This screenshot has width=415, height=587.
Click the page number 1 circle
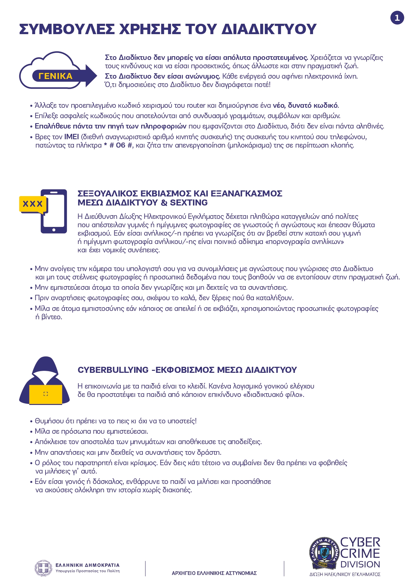397,18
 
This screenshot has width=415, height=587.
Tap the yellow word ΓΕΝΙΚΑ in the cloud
56,76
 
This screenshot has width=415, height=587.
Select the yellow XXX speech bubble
33,204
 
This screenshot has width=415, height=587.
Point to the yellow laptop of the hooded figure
46,394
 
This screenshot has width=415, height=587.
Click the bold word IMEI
72,137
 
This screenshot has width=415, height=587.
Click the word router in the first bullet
196,106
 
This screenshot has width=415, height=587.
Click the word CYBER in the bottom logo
360,542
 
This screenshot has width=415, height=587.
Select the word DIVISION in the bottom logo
360,565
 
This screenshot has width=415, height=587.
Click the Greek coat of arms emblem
43,568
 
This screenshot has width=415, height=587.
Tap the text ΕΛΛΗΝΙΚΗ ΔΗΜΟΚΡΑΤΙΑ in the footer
87,565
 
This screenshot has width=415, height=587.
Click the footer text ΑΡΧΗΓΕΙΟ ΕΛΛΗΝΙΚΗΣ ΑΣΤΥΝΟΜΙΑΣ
214,573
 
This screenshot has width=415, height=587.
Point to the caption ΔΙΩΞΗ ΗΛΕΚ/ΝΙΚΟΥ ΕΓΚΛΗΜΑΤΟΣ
345,574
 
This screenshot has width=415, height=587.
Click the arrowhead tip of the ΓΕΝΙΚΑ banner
96,76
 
